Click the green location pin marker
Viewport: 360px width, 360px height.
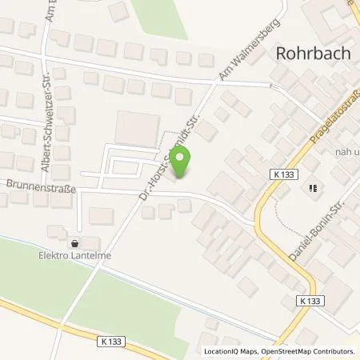[x=183, y=164]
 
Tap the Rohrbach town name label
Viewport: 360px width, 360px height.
[x=309, y=54]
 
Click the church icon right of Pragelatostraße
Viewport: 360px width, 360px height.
[x=313, y=189]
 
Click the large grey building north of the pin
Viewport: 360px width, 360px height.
[x=138, y=128]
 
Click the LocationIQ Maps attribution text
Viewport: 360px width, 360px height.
[x=228, y=351]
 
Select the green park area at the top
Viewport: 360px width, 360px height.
[x=164, y=20]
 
